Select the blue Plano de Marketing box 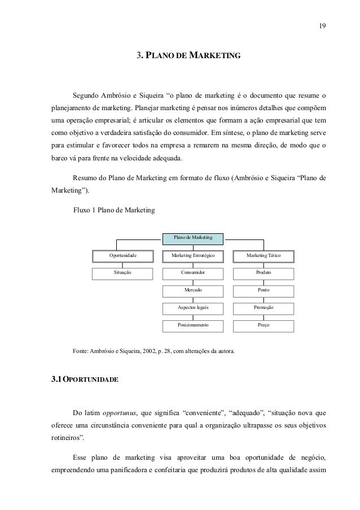(x=192, y=238)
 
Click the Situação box (x=123, y=273)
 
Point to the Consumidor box (x=193, y=273)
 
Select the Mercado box (x=193, y=290)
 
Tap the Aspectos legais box (x=193, y=308)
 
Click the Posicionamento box (x=193, y=325)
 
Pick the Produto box (x=263, y=273)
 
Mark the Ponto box (x=263, y=290)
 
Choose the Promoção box (x=263, y=308)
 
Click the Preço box (x=263, y=325)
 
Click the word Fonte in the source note (x=81, y=351)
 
